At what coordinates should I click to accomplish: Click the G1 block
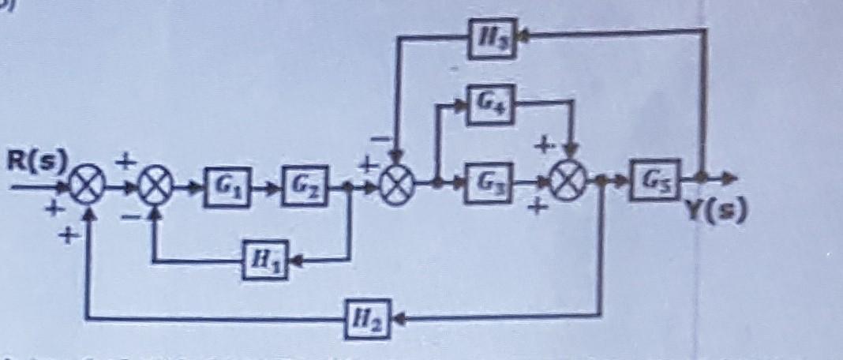tap(225, 186)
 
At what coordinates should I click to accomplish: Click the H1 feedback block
tap(264, 259)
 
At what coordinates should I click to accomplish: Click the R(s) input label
tap(37, 162)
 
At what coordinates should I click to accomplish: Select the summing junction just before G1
tap(153, 188)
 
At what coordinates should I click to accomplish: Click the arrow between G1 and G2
tap(266, 187)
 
